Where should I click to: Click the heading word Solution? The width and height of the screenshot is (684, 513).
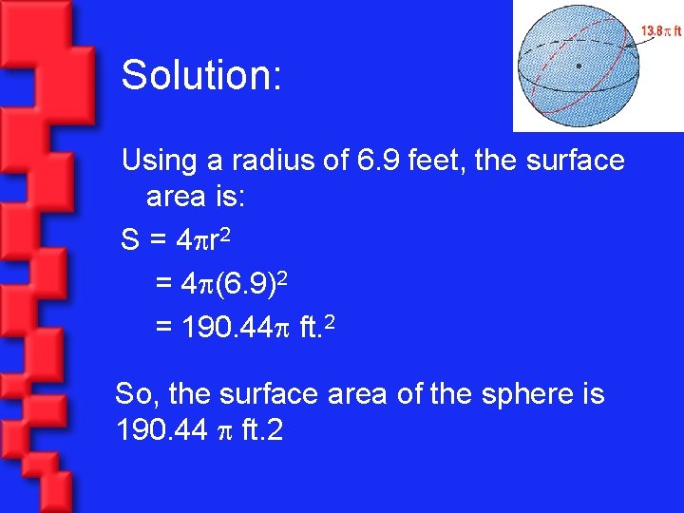[x=201, y=75]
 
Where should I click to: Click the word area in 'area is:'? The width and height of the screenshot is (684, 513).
[x=180, y=198]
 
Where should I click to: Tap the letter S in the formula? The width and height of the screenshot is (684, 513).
[x=131, y=242]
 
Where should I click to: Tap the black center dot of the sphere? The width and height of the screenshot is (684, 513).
[x=579, y=66]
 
